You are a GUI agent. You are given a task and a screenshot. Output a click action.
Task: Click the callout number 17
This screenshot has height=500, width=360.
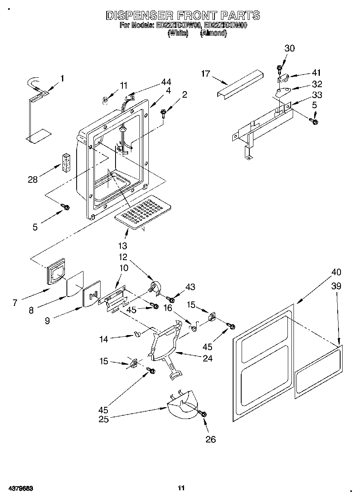[206, 73]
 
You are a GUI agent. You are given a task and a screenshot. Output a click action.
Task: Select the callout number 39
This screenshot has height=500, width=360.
[336, 286]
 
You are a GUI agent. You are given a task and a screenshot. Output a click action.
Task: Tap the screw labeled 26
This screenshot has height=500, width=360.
[203, 414]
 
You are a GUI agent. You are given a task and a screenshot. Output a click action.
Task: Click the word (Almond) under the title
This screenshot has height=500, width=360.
[213, 34]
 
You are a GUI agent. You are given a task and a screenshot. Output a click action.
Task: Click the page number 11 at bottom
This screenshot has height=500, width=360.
[181, 488]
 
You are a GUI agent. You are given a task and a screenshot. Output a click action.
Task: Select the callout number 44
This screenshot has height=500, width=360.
[166, 81]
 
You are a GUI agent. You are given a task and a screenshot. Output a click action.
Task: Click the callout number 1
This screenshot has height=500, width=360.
[62, 78]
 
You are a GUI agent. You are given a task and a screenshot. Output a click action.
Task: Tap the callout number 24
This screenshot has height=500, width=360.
[207, 358]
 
